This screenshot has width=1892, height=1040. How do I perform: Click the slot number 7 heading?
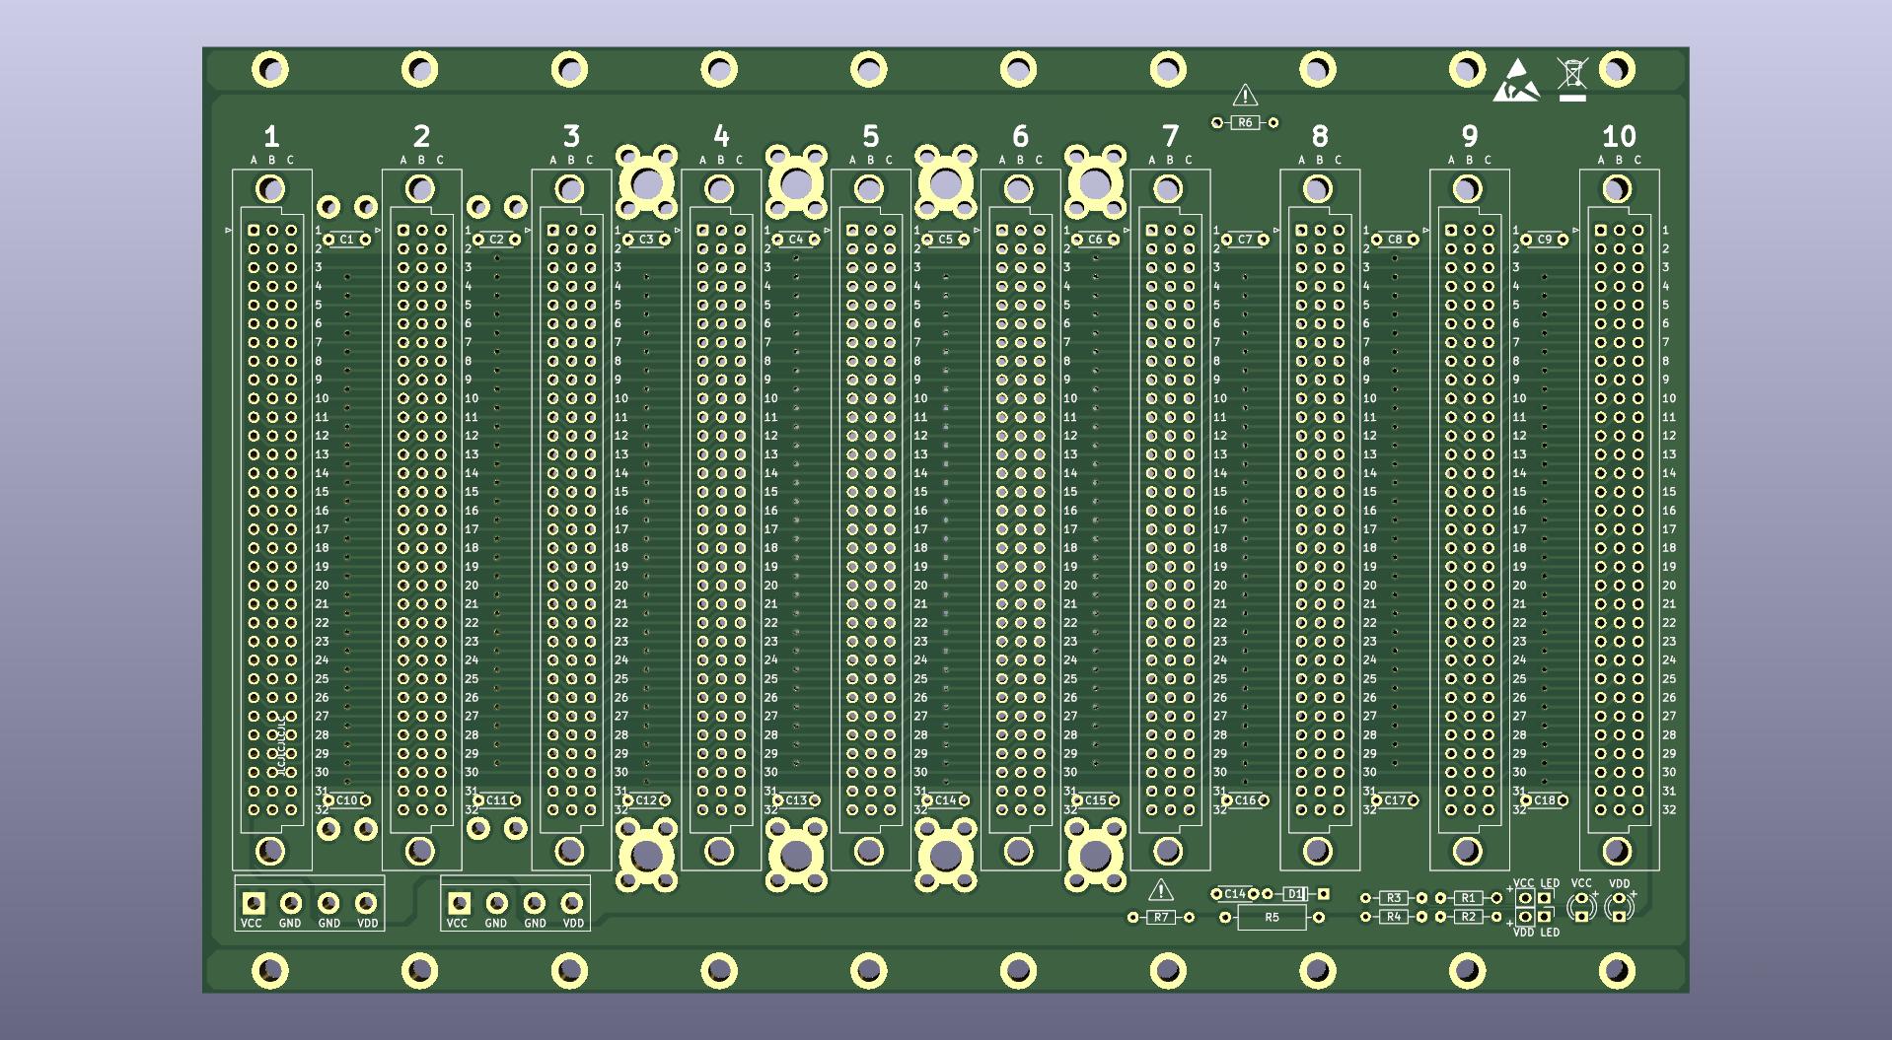pos(1170,136)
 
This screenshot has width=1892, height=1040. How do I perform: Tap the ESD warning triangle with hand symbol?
pos(1516,82)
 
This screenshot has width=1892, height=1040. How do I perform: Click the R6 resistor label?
pos(1245,123)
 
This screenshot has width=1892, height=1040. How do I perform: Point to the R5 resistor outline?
pos(1272,918)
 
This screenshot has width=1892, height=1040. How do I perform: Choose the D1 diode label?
pos(1294,894)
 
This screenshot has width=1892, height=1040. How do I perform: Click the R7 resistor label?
pos(1161,918)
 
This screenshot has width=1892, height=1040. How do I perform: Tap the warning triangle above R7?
pos(1161,891)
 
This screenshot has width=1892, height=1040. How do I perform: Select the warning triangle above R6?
pos(1245,96)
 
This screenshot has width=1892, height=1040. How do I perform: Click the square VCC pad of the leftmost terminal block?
pos(254,903)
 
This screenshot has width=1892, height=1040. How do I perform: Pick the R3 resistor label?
pos(1393,898)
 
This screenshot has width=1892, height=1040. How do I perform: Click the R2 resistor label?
pos(1468,917)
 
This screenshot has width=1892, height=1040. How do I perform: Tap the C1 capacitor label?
pos(346,240)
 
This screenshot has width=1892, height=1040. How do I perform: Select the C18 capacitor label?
pos(1544,800)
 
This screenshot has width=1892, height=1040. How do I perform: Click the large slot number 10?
pos(1619,136)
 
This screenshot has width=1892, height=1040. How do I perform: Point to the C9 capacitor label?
pos(1544,240)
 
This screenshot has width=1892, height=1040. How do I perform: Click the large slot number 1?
pos(271,136)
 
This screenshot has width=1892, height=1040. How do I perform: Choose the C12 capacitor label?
pos(646,800)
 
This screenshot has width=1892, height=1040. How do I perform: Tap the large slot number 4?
pos(721,136)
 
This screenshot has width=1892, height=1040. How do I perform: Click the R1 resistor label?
pos(1468,898)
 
